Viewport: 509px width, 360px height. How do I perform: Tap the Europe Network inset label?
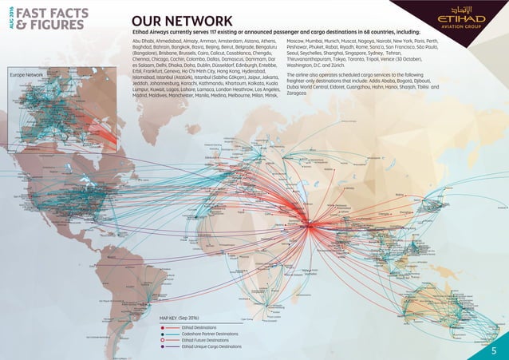tap(26, 74)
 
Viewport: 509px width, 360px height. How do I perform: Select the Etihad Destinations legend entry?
tap(201, 327)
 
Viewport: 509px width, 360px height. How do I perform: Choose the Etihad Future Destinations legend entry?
tap(206, 340)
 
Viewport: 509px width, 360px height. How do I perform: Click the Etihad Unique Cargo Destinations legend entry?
tap(211, 347)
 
